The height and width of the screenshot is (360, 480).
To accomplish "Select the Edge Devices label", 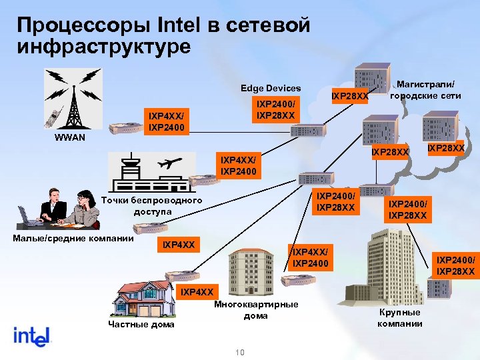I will click(271, 89).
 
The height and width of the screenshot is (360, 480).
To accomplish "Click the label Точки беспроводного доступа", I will click(152, 206).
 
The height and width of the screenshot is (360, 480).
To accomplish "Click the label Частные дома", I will click(141, 325).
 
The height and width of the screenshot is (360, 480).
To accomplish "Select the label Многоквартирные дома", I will click(256, 309).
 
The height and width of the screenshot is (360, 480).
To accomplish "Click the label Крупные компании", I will click(399, 318).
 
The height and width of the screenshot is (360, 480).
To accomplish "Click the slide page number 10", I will click(240, 351).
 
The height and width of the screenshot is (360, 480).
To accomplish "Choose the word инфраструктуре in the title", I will click(103, 47).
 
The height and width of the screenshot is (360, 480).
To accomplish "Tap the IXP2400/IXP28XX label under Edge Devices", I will click(276, 110).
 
